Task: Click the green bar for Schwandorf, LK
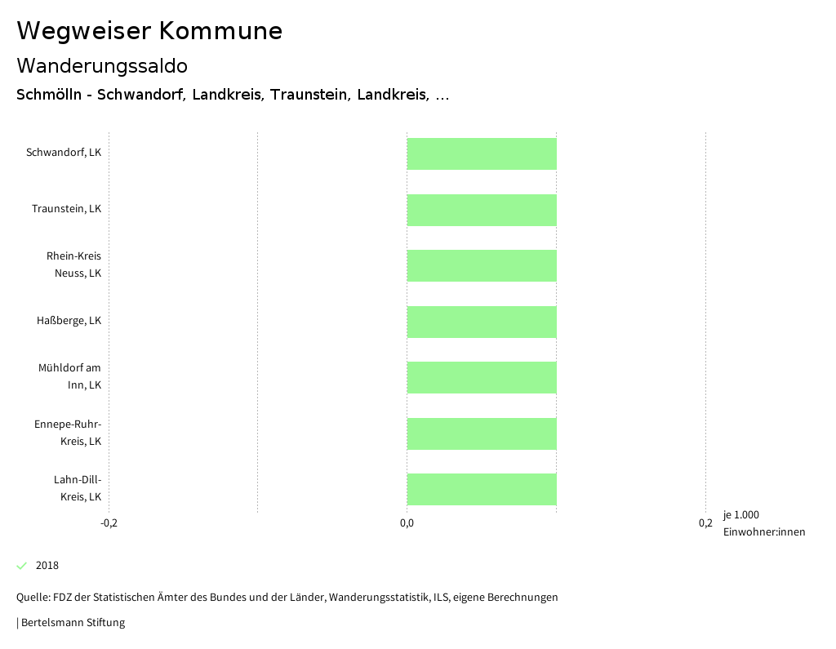point(482,153)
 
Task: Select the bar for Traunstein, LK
point(482,210)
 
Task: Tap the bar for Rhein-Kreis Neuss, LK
point(482,265)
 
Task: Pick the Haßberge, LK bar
point(482,322)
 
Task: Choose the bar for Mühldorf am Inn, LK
point(482,377)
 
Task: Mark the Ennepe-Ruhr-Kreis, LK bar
point(482,433)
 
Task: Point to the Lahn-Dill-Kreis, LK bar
point(482,489)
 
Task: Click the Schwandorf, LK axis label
point(64,153)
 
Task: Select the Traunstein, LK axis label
point(66,209)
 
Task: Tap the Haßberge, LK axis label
point(69,321)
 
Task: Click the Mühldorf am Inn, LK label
point(69,376)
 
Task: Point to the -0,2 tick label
point(109,523)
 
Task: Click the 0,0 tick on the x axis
point(407,523)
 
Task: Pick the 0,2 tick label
point(705,523)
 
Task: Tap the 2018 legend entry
point(47,566)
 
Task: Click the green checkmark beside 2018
point(22,566)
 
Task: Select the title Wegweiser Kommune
point(149,31)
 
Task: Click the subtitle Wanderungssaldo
point(102,65)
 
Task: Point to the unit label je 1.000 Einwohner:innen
point(763,523)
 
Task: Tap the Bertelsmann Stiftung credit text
point(72,623)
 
